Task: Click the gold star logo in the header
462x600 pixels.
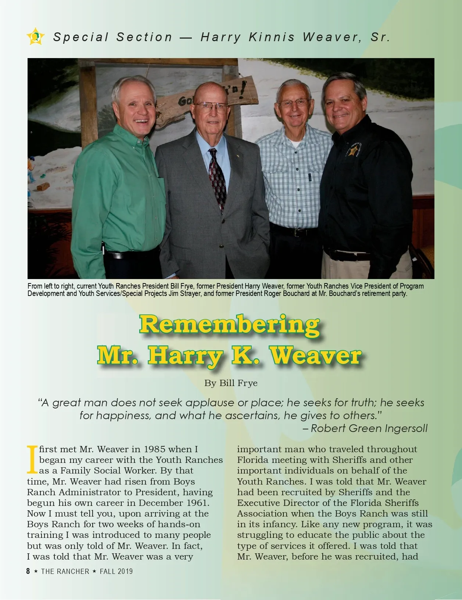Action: [x=36, y=36]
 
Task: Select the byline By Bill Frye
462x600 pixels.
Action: [x=231, y=383]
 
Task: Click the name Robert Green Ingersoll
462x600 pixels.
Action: [x=369, y=428]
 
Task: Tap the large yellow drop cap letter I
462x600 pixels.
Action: [x=32, y=460]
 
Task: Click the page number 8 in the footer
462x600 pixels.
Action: [x=28, y=571]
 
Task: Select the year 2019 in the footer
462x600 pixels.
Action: [x=125, y=571]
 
